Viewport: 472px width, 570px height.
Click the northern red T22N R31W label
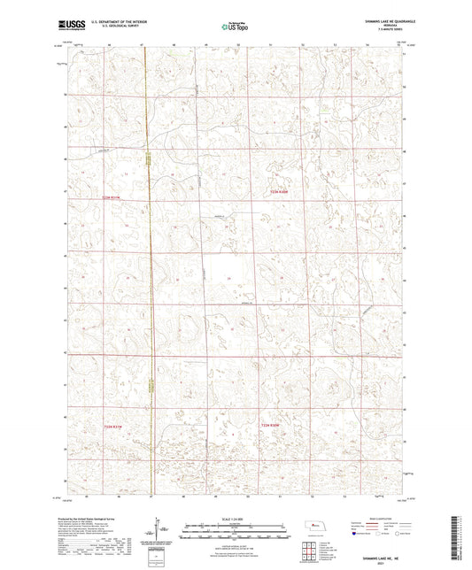click(x=111, y=197)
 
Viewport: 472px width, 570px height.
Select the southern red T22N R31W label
click(x=106, y=424)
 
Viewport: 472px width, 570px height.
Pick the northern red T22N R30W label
click(x=279, y=190)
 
